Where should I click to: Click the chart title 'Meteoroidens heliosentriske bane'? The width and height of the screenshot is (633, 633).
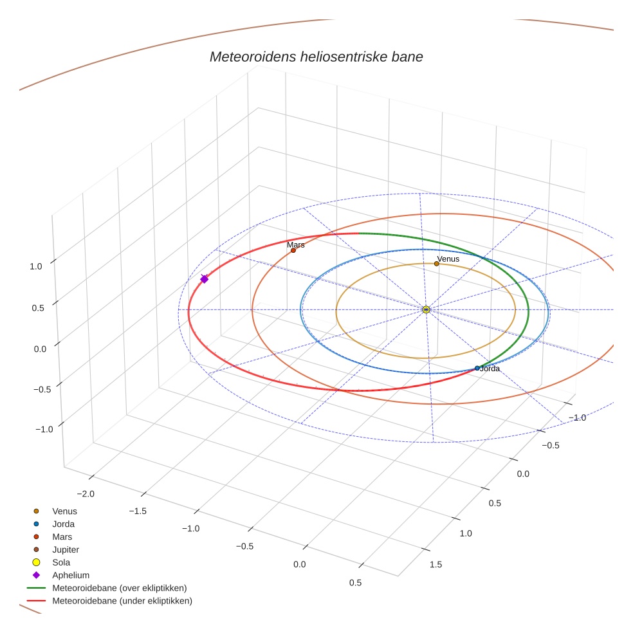click(316, 57)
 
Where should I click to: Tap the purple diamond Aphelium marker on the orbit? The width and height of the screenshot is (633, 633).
click(205, 279)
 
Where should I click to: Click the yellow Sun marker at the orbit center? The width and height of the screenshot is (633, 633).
click(426, 309)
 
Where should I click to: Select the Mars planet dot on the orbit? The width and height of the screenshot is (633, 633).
click(293, 250)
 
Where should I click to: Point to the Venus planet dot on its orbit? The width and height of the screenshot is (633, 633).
click(437, 264)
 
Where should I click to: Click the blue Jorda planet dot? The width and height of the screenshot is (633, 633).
click(477, 368)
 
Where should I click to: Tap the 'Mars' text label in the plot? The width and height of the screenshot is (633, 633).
click(296, 244)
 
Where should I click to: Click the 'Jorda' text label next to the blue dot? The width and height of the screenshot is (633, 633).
click(490, 369)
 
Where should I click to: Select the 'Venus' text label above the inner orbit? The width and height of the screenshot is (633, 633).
click(448, 259)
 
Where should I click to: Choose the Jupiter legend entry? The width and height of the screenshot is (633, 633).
click(66, 549)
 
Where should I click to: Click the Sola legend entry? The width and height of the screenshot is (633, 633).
click(61, 562)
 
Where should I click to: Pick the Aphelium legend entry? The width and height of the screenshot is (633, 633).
click(70, 575)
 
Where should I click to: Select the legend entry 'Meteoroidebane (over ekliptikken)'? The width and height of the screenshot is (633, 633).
click(119, 588)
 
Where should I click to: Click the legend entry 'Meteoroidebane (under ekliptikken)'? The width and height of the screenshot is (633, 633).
click(122, 601)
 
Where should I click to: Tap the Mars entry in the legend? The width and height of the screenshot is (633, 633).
click(62, 537)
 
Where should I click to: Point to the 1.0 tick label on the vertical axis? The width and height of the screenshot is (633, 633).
click(37, 266)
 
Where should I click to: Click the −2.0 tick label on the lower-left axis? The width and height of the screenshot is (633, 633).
click(86, 493)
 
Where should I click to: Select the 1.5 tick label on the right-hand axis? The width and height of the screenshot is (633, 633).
click(436, 564)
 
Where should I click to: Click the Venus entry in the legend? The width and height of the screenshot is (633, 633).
click(64, 511)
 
